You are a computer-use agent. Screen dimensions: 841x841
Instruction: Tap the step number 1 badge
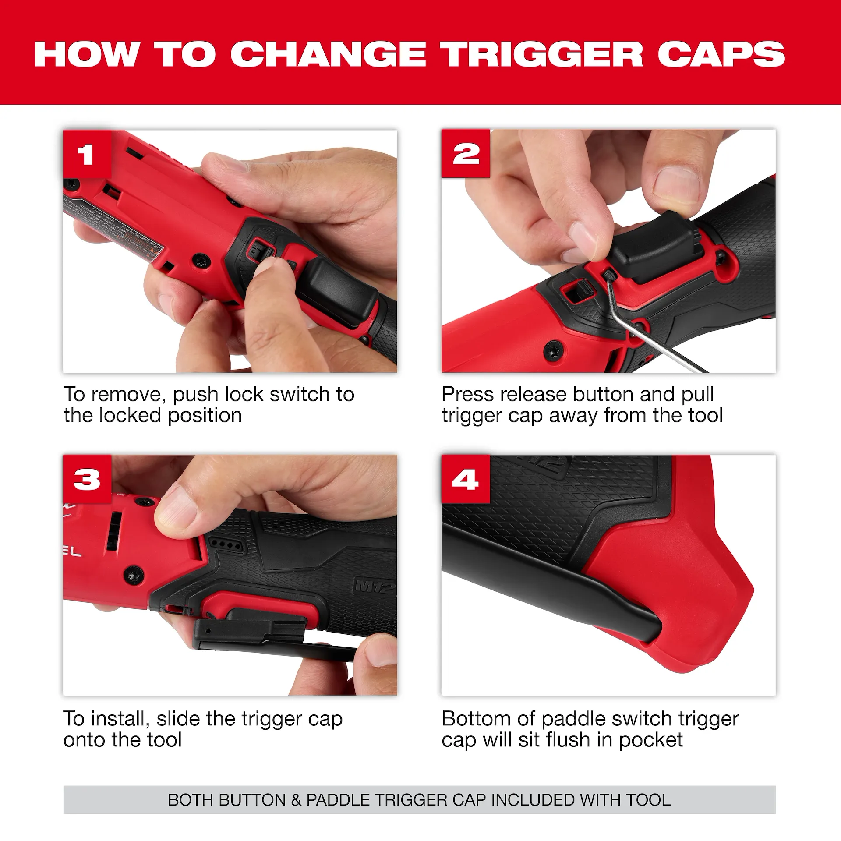pos(86,154)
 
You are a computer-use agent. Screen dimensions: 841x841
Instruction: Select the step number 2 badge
pos(466,154)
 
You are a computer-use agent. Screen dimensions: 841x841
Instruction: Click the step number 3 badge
pos(87,479)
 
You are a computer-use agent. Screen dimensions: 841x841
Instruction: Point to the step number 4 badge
pos(466,479)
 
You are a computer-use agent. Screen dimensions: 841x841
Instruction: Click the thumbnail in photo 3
pos(175,510)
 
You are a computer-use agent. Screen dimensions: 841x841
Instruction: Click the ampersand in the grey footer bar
pos(296,800)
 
